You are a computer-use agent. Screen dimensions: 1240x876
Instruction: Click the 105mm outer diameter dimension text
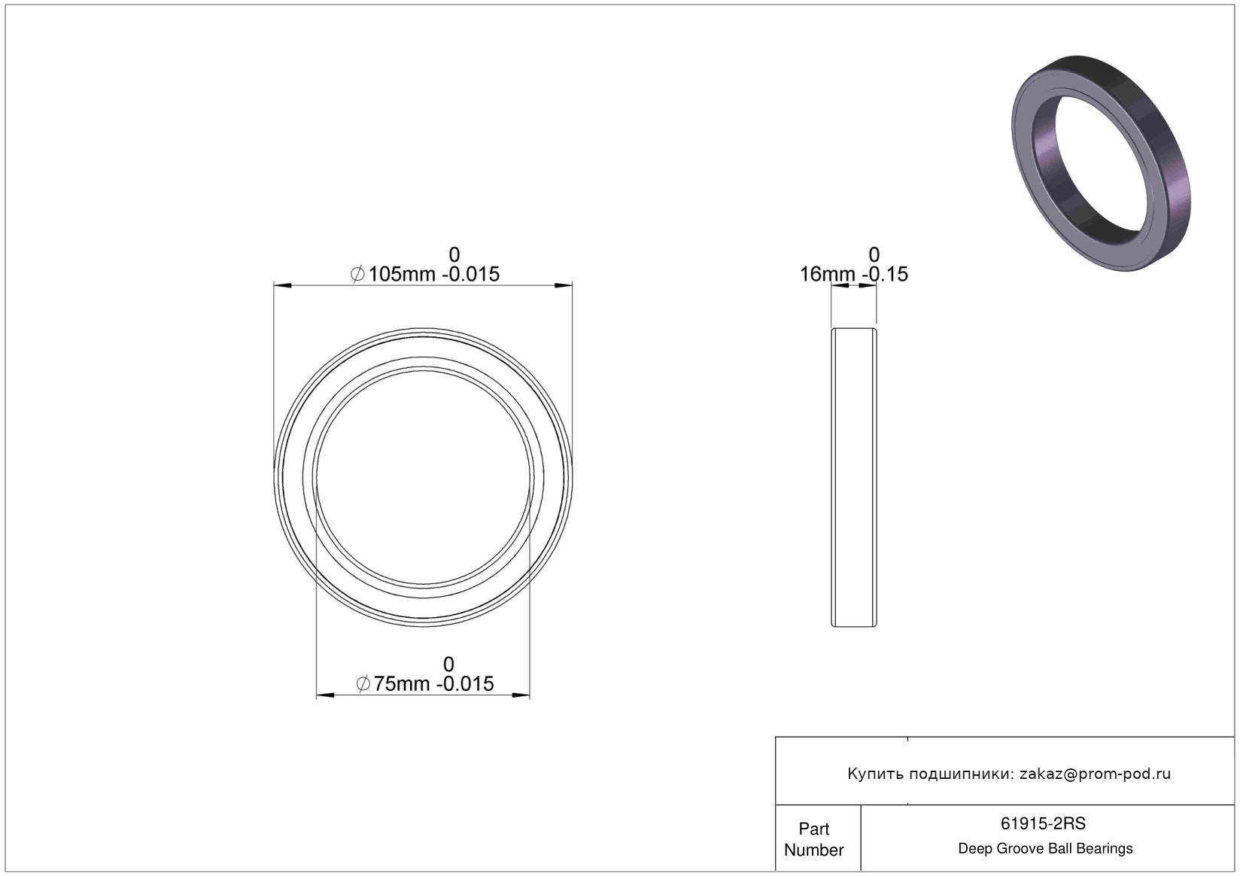tap(424, 274)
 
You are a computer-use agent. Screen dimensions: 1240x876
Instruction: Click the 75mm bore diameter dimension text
tap(424, 684)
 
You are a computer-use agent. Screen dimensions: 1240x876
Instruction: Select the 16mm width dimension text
tap(853, 274)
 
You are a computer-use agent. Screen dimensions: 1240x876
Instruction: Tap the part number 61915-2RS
tap(1043, 824)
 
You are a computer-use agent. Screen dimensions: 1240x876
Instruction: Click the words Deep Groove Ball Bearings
tap(1045, 848)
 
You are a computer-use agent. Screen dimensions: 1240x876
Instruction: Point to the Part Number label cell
tap(814, 839)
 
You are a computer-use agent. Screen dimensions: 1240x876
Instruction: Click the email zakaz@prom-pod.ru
tap(1095, 774)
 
